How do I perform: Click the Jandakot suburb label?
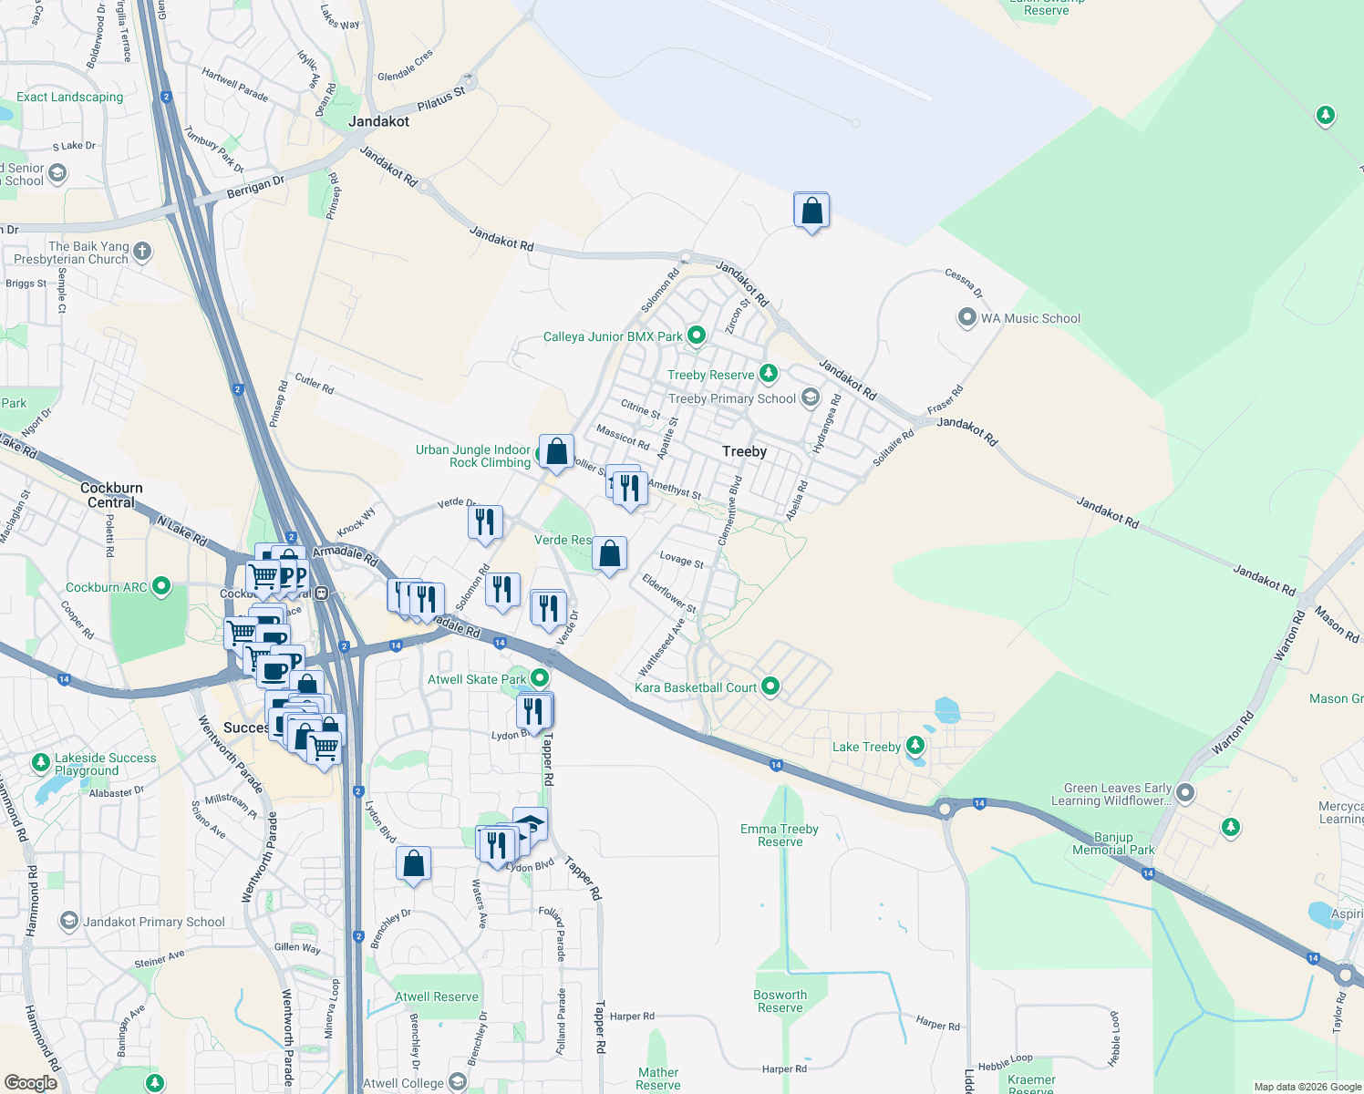tap(378, 121)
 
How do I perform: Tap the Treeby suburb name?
tap(744, 451)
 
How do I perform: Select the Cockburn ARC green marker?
tap(161, 586)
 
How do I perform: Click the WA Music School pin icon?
tap(966, 318)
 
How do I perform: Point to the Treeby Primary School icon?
tap(810, 398)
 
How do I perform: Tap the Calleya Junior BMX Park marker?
tap(697, 335)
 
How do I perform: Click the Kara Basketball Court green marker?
tap(770, 686)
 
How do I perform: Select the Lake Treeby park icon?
tap(915, 746)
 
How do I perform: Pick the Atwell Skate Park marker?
tap(540, 678)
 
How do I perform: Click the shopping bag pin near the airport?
tap(811, 211)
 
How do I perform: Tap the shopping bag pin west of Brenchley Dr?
tap(414, 863)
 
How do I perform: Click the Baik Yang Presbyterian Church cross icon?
tap(141, 251)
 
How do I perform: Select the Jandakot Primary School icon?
tap(69, 921)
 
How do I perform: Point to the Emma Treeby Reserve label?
tap(780, 835)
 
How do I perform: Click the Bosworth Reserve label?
tap(780, 1001)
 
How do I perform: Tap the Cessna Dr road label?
tap(964, 283)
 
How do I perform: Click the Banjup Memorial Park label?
tap(1113, 843)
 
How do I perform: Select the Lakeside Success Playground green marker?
tap(40, 761)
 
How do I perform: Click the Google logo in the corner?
tap(30, 1082)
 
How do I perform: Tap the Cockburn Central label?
tap(111, 495)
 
